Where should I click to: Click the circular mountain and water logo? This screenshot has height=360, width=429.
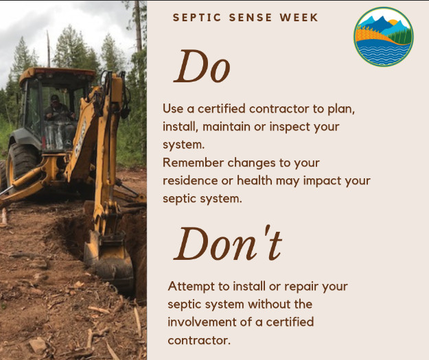click(x=384, y=36)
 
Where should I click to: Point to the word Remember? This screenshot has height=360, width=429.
click(x=196, y=163)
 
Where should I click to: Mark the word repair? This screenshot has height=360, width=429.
click(x=297, y=286)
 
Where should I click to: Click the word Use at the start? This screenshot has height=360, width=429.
click(x=173, y=110)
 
